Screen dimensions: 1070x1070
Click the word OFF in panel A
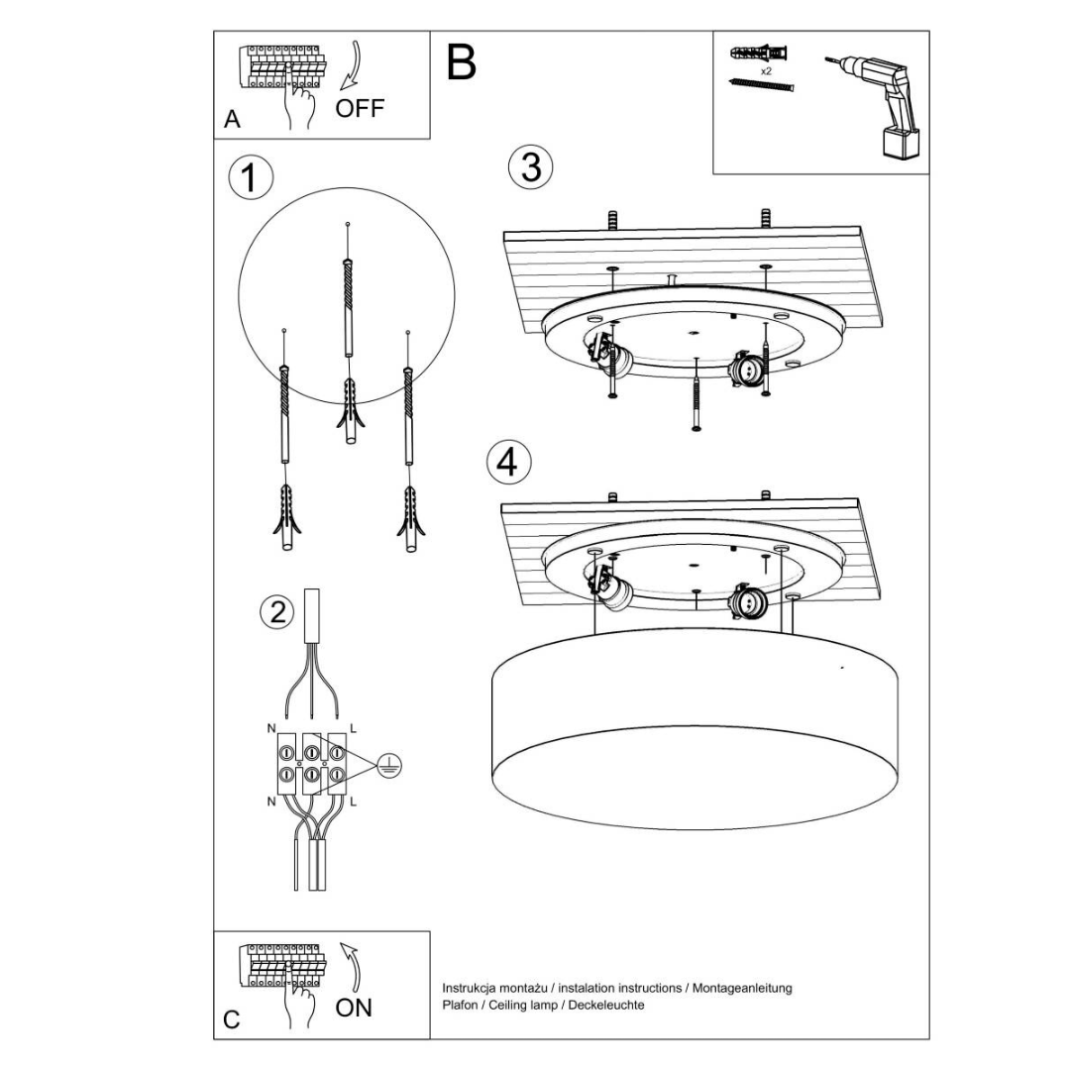pos(359,109)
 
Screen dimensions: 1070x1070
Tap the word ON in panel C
pos(354,1008)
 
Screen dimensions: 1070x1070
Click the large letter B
pos(462,61)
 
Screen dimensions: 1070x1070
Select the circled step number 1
pos(250,178)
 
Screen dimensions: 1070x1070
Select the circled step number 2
pos(277,611)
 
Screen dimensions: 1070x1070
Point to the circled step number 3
pos(531,167)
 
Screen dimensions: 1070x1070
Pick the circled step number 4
pos(508,462)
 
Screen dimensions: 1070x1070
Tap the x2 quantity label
pos(766,72)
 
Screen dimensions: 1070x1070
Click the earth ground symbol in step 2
pos(391,764)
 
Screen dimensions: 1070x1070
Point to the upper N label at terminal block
pos(271,728)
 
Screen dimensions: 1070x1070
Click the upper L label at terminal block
pos(354,728)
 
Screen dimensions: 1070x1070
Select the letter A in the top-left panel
pos(232,120)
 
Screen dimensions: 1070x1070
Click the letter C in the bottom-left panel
pos(232,1019)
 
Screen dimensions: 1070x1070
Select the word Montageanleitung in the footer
pos(742,988)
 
